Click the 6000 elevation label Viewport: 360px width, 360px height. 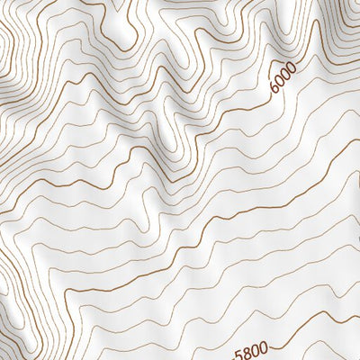click(283, 84)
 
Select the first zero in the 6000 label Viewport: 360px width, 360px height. click(279, 86)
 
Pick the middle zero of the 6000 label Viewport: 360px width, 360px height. click(284, 81)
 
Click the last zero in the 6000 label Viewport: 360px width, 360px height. click(290, 76)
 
